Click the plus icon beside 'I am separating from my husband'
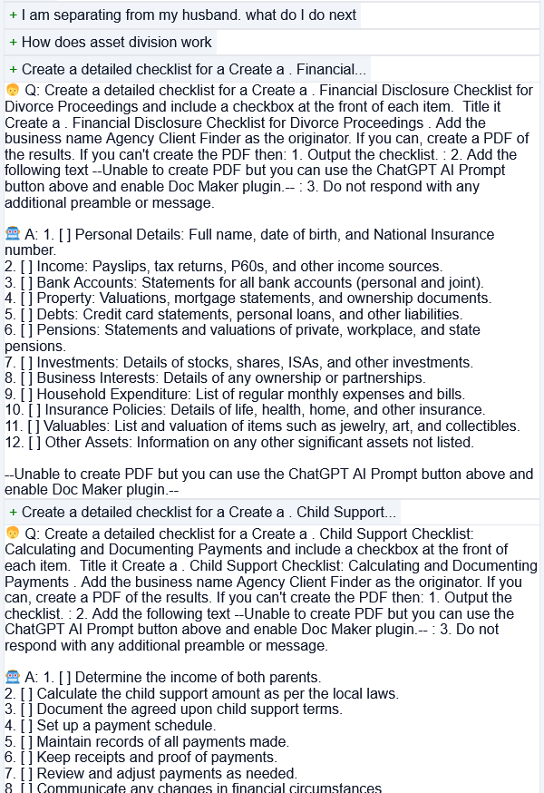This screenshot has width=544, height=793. (13, 15)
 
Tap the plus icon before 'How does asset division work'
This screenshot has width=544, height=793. (13, 43)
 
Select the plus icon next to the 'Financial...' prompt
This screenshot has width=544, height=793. (13, 70)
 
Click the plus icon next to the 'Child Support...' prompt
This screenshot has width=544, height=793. (13, 513)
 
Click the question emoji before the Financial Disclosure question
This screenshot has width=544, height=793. (13, 91)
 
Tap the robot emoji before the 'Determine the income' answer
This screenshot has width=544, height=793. (13, 677)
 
